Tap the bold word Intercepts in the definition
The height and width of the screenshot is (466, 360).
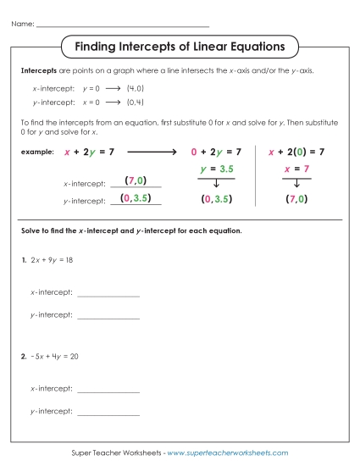pyautogui.click(x=37, y=70)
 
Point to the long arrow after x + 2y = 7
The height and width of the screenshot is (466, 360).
pyautogui.click(x=151, y=152)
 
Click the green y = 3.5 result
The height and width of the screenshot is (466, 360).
pyautogui.click(x=216, y=169)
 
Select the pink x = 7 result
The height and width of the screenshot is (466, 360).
pyautogui.click(x=296, y=169)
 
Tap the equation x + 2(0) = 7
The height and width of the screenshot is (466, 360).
pyautogui.click(x=296, y=152)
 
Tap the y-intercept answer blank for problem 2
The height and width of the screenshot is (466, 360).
pyautogui.click(x=108, y=413)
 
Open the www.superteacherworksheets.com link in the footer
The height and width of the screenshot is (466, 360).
pyautogui.click(x=228, y=453)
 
